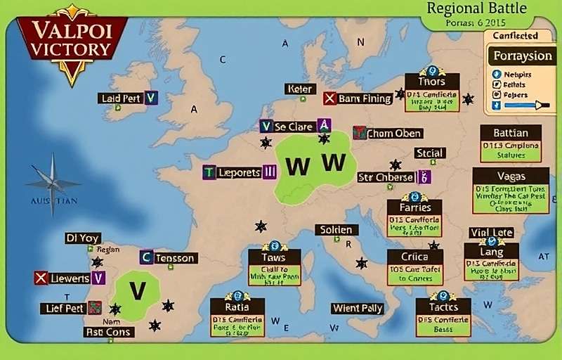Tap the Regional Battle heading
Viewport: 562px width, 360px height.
point(476,9)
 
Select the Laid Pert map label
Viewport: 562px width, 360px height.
point(121,98)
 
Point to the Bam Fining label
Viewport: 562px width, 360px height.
point(365,98)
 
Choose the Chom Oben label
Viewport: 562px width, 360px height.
point(394,133)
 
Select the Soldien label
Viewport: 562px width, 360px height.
point(336,230)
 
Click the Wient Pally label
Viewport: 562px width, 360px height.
point(357,308)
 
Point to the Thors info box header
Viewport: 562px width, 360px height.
point(431,82)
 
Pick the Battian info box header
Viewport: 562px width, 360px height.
point(511,133)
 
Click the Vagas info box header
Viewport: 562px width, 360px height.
point(511,176)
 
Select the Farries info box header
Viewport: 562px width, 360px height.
point(414,208)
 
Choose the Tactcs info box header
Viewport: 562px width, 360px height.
point(443,307)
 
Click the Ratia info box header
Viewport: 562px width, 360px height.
point(237,307)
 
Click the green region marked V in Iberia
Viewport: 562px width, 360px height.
point(137,290)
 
